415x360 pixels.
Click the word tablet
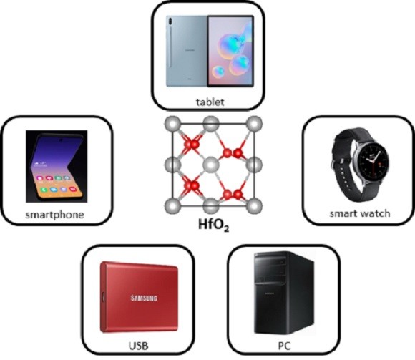[210, 102]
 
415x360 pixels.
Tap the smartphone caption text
[55, 215]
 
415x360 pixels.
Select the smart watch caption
[360, 213]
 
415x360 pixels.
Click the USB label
[138, 346]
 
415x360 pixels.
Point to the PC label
[284, 346]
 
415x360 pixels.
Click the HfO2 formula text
[214, 225]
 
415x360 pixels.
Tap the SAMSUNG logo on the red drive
[144, 298]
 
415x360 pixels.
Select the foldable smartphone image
[57, 166]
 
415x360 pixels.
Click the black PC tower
[284, 293]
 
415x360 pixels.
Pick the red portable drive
[139, 297]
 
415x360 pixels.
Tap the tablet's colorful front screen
[230, 52]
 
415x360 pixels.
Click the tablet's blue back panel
[187, 52]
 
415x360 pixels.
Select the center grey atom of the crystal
[211, 165]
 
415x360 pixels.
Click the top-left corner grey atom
[173, 123]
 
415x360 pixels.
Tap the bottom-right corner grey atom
[254, 205]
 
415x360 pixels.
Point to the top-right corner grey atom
[254, 123]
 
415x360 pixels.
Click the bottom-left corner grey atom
[173, 205]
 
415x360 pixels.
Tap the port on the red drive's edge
[103, 297]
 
